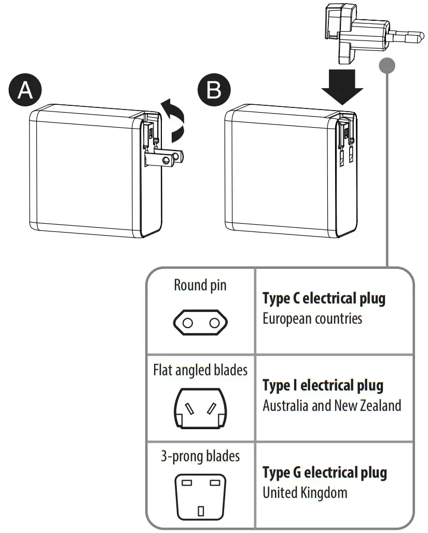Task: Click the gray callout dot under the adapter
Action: coord(387,66)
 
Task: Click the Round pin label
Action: coord(200,285)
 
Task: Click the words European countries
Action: coord(312,318)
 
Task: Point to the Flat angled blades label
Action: coord(200,370)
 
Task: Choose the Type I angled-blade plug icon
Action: coord(200,409)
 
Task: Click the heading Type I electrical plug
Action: coord(323,386)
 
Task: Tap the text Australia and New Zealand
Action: coord(332,405)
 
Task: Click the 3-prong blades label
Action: coord(200,456)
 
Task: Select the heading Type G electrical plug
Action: coord(325,473)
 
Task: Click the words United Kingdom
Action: coord(305,492)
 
